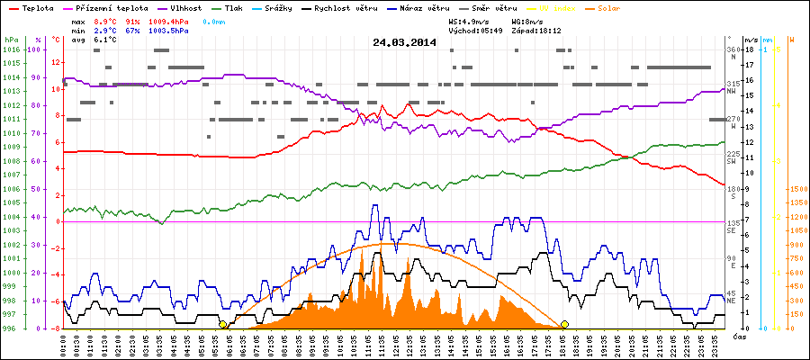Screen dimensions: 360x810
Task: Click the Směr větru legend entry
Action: coord(492,6)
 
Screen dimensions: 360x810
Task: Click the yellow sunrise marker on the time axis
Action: coord(222,324)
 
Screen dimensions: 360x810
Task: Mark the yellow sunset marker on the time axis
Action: coord(564,324)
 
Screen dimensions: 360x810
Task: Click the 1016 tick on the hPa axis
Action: coord(11,49)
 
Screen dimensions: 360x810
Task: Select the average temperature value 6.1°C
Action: coord(106,40)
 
